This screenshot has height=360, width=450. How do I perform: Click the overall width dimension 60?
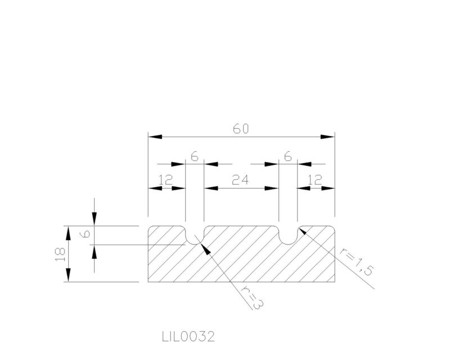point(241,129)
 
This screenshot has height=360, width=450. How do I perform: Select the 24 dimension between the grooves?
point(240,180)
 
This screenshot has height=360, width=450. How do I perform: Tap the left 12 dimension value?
point(166,180)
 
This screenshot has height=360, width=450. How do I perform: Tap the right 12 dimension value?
point(315,180)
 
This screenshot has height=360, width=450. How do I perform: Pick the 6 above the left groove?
point(195,157)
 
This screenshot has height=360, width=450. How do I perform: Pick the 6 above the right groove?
point(288,157)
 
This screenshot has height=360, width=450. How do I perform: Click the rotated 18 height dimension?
point(60,254)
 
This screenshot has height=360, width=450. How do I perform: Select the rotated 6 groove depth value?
point(85,235)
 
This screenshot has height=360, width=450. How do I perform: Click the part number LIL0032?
point(188,336)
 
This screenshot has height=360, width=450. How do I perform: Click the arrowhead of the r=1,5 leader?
point(303,230)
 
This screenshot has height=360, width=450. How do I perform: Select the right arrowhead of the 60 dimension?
point(328,137)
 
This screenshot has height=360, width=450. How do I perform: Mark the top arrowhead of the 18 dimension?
point(68,233)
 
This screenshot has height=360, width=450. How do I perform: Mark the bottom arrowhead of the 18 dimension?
point(68,275)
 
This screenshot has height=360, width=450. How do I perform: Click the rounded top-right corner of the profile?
point(333,228)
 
